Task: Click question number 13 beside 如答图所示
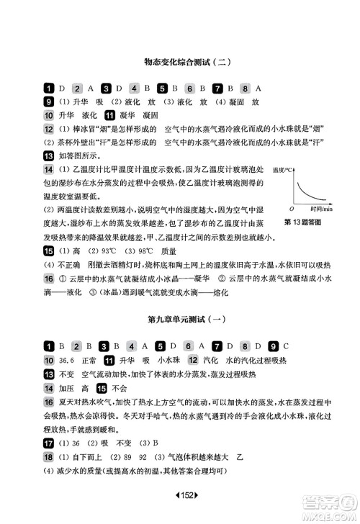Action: click(48, 155)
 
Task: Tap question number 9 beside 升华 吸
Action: click(48, 101)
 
